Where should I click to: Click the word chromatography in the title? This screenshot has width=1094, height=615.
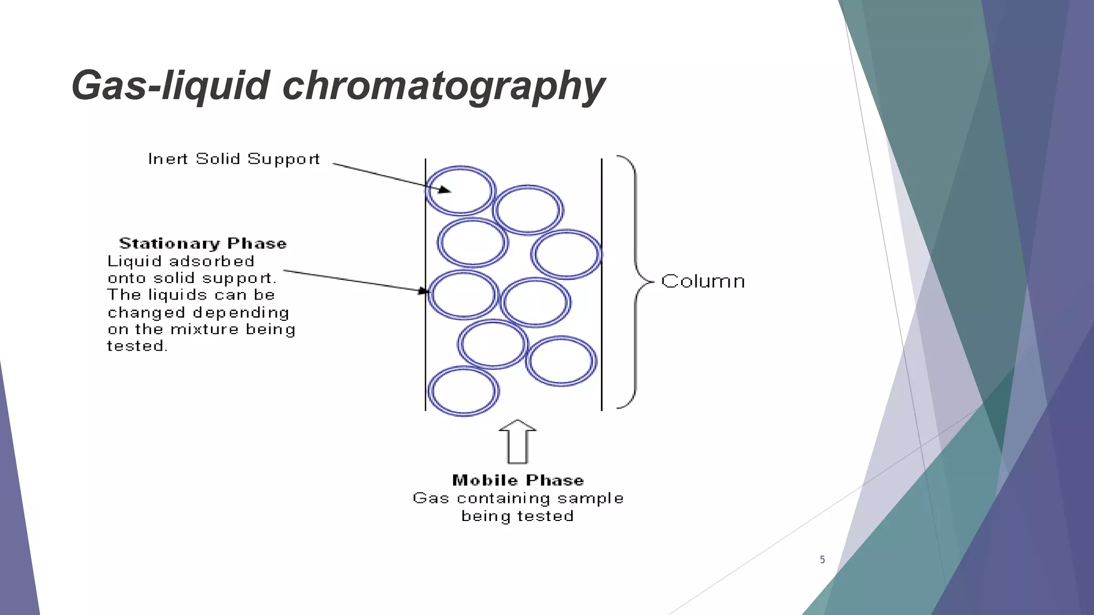(x=443, y=85)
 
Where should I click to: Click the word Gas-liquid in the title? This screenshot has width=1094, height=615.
(x=170, y=85)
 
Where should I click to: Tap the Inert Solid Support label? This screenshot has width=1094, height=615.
(x=234, y=159)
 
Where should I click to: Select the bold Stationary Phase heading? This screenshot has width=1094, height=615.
(x=203, y=243)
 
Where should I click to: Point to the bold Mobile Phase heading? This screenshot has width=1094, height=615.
(x=518, y=480)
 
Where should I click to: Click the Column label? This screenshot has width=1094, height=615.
(x=703, y=281)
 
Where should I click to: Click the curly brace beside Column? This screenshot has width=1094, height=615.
(x=636, y=281)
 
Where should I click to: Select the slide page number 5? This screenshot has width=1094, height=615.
(x=822, y=559)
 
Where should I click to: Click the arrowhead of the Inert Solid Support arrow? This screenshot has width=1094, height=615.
(x=445, y=190)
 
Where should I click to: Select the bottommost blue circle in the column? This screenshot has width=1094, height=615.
(x=464, y=391)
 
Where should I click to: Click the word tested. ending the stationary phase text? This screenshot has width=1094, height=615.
(x=137, y=346)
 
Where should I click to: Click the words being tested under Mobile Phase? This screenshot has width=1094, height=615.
(x=517, y=516)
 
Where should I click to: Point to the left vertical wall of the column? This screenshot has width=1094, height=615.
(x=425, y=347)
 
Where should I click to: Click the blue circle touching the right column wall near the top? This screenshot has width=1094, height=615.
(x=566, y=254)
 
